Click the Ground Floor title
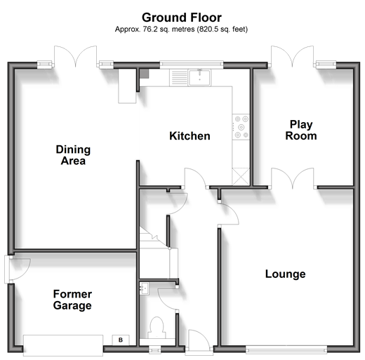[x=182, y=18]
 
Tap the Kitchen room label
[x=190, y=136]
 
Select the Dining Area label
[x=73, y=155]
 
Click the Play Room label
[x=301, y=130]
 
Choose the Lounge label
[x=285, y=274]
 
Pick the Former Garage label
[x=72, y=300]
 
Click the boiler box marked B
[x=121, y=340]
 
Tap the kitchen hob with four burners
[x=241, y=127]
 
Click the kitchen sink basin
[x=200, y=77]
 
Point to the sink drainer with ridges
[x=179, y=77]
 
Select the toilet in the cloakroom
[x=157, y=328]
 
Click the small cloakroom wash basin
[x=144, y=288]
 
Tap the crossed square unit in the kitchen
[x=241, y=176]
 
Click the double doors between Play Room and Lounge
[x=292, y=178]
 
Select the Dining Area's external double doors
[x=75, y=56]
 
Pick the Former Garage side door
[x=18, y=269]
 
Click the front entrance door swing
[x=199, y=340]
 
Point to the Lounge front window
[x=286, y=349]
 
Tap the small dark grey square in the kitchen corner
[x=144, y=74]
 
